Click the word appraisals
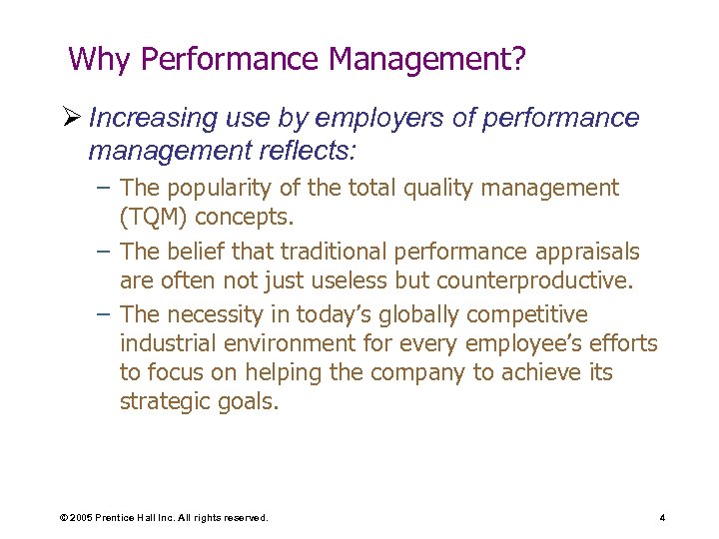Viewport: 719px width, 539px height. pos(586,252)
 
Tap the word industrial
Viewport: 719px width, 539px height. pos(167,344)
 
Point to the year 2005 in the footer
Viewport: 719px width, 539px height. pos(79,518)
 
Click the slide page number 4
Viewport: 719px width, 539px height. pos(662,518)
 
